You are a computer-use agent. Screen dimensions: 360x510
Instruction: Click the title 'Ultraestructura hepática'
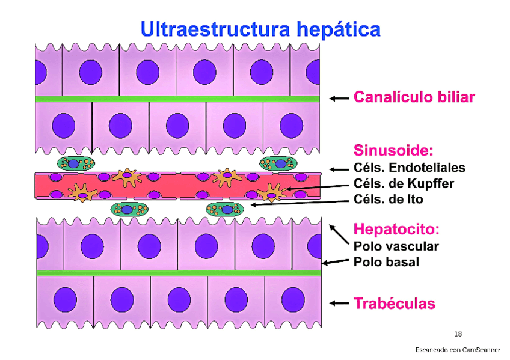[260, 29]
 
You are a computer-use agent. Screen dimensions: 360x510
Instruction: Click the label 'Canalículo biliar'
[414, 97]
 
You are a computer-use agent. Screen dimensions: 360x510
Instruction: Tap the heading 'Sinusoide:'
[393, 150]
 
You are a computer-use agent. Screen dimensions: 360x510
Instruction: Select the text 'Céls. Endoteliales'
[409, 168]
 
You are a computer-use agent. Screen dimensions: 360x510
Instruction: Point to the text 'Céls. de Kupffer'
[404, 183]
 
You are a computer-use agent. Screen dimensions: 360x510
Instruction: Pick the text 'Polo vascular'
[396, 246]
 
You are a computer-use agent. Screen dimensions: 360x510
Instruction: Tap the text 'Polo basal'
[386, 262]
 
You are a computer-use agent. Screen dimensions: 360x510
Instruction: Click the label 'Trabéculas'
[394, 304]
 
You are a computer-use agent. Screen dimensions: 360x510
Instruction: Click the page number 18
[458, 334]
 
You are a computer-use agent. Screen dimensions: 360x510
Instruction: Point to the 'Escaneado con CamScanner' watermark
[458, 350]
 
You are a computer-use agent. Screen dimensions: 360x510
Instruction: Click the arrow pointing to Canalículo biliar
[339, 98]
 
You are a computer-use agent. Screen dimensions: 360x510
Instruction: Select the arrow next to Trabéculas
[339, 304]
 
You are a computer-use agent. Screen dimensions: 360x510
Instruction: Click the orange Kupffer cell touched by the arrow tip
[271, 192]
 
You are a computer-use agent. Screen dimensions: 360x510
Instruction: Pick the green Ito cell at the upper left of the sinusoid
[76, 163]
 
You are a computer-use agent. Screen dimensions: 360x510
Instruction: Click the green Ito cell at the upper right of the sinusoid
[278, 163]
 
